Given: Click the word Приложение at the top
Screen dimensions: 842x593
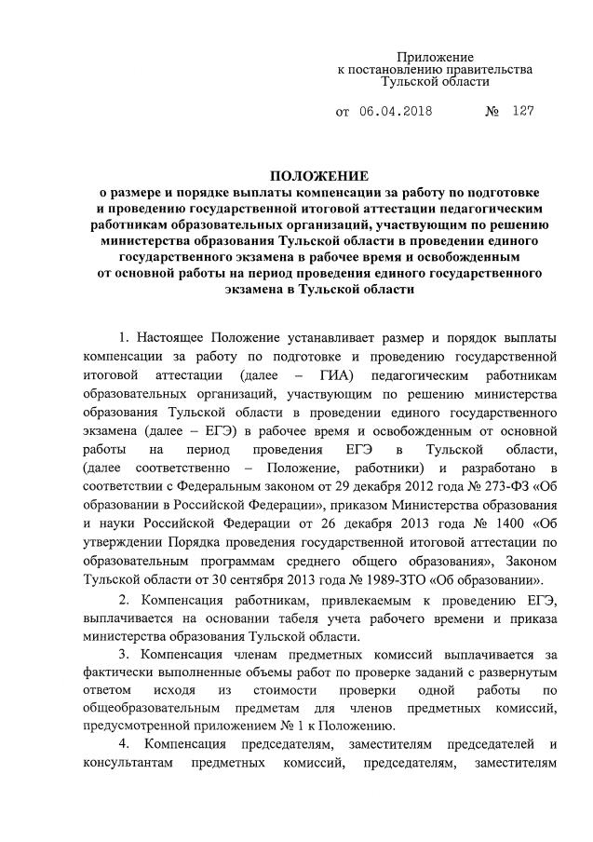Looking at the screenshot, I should coord(435,58).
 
